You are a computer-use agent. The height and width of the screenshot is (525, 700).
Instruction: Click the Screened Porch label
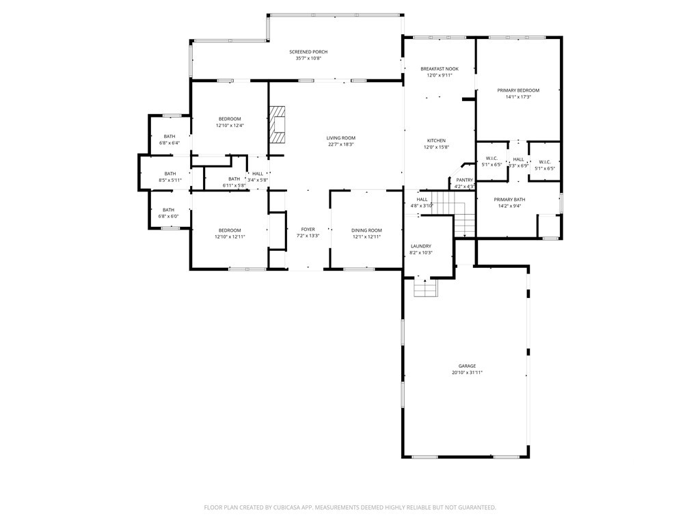[308, 52]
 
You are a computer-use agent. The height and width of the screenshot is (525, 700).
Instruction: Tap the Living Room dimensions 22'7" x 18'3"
[340, 145]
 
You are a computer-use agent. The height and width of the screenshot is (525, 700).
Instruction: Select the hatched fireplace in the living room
[277, 124]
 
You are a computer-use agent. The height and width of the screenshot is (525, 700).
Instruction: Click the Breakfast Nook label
[440, 69]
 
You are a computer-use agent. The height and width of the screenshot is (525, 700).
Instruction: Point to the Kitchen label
[436, 141]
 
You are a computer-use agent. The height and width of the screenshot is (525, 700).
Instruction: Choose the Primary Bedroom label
[518, 90]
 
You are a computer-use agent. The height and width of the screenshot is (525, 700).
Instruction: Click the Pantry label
[464, 180]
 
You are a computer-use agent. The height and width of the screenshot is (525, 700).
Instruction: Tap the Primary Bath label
[509, 200]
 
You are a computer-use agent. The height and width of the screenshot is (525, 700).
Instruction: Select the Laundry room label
[421, 246]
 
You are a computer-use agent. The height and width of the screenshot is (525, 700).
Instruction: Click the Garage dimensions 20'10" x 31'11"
[468, 373]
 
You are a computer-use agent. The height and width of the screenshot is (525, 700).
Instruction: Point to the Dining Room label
[366, 230]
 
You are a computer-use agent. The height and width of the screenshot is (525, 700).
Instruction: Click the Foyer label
[308, 230]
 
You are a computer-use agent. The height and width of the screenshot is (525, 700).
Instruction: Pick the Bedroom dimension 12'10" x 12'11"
[230, 237]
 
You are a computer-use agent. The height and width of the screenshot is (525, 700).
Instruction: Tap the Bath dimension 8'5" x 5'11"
[170, 180]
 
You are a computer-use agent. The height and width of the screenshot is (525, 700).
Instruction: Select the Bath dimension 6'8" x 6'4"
[170, 144]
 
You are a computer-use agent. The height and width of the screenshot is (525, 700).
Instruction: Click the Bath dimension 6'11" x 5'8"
[234, 186]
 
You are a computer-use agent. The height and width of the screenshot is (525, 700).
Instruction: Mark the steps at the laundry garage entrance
[425, 287]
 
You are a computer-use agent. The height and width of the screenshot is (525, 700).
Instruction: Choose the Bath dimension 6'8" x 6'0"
[168, 217]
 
